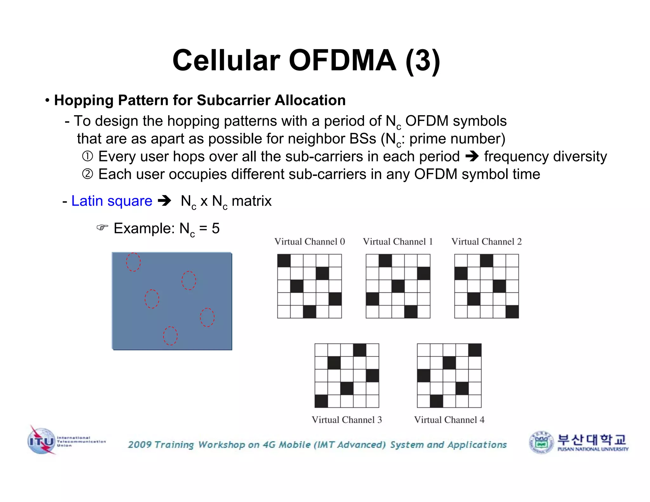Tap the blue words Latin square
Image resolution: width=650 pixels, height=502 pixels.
click(x=112, y=201)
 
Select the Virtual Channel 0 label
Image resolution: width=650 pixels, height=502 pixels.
click(x=309, y=242)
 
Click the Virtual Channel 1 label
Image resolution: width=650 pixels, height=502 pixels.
click(x=398, y=242)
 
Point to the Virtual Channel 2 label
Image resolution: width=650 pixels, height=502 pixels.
click(x=486, y=242)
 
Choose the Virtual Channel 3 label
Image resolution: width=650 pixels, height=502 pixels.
click(x=347, y=420)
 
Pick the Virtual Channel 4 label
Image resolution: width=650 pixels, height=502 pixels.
click(x=449, y=420)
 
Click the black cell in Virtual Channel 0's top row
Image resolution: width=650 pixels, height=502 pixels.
click(x=284, y=261)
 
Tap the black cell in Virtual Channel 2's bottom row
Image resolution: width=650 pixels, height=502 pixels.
click(x=512, y=312)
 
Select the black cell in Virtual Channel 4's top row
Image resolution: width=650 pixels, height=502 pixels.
click(x=475, y=350)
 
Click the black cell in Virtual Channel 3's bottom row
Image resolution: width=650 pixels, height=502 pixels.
click(x=321, y=401)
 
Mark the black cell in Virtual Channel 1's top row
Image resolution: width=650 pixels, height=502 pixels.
click(x=385, y=261)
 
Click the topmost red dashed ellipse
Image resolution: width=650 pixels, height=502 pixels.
click(x=133, y=262)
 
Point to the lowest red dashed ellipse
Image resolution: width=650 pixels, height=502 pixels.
click(x=170, y=336)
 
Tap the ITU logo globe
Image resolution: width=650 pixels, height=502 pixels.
click(x=41, y=441)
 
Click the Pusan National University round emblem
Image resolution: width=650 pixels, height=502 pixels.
click(x=541, y=442)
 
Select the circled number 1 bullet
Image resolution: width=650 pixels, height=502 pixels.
click(x=88, y=156)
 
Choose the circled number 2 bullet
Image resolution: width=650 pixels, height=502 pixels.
click(x=88, y=174)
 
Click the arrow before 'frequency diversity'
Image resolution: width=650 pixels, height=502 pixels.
click(x=472, y=156)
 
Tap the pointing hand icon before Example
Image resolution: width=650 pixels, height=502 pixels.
click(x=102, y=228)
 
